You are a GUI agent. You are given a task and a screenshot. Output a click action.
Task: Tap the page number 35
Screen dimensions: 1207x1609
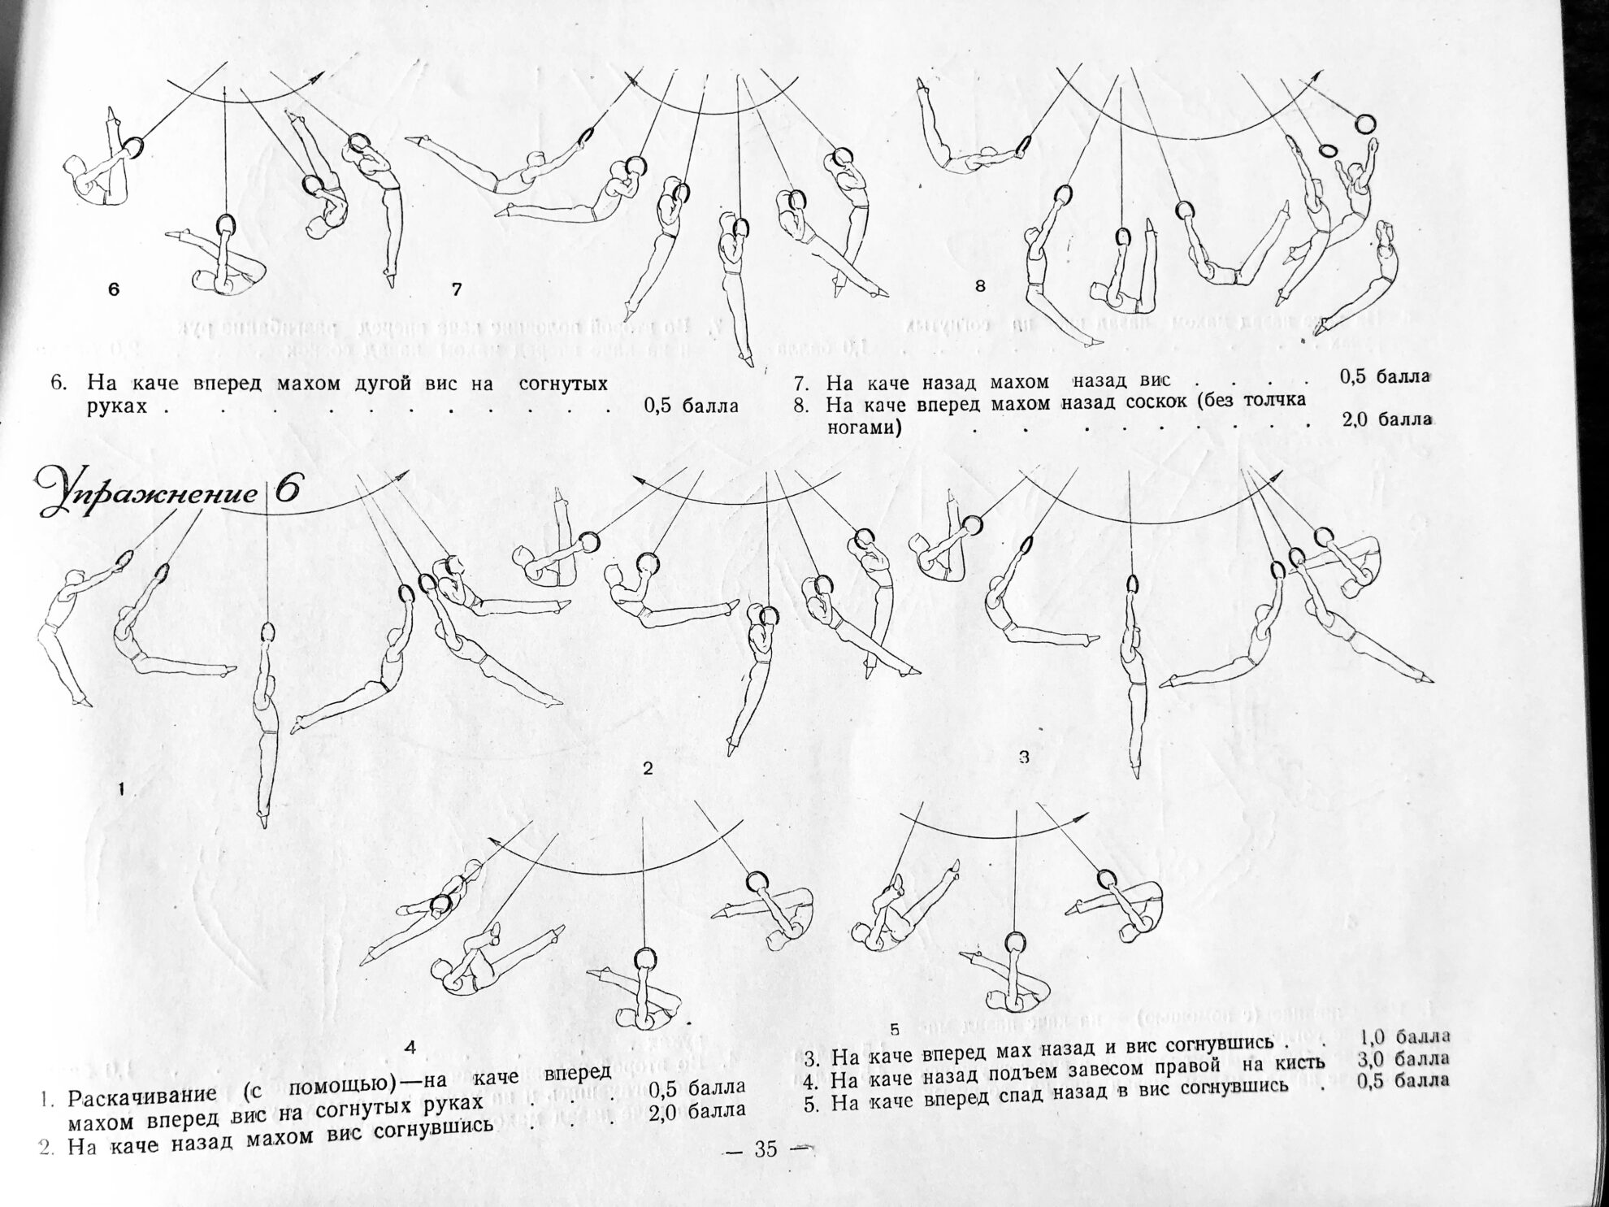click(x=765, y=1148)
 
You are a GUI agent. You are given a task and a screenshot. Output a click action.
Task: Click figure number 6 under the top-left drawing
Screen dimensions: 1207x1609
click(x=114, y=289)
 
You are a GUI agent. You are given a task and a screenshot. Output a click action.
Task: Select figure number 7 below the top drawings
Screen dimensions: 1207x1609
click(x=457, y=289)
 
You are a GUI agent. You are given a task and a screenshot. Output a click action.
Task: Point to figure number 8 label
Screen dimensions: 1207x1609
click(x=980, y=285)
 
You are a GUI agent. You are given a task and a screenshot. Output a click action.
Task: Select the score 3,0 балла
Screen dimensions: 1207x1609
click(x=1403, y=1059)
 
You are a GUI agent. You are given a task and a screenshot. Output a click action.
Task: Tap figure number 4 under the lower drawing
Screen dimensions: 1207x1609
click(x=410, y=1048)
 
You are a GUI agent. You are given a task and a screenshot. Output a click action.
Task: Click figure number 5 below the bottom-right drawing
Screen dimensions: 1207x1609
click(x=894, y=1029)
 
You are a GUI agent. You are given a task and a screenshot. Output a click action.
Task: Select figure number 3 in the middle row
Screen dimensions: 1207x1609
click(x=1024, y=757)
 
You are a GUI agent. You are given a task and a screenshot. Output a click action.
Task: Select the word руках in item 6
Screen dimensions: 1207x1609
click(x=117, y=406)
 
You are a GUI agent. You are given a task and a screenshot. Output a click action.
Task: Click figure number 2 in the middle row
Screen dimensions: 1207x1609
click(x=648, y=768)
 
